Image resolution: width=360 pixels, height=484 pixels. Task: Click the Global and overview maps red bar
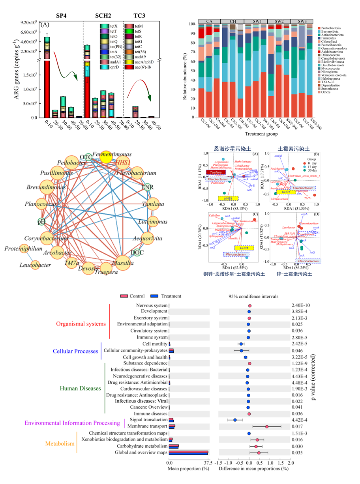click(188, 451)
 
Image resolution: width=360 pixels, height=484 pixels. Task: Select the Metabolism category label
click(60, 444)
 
